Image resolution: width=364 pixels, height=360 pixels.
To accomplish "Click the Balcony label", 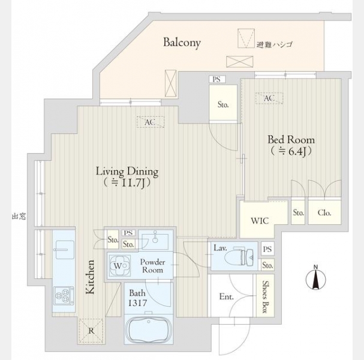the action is tap(182, 43).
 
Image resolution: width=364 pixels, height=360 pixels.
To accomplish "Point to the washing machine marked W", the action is tap(119, 266).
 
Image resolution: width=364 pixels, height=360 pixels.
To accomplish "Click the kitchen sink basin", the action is tap(65, 250).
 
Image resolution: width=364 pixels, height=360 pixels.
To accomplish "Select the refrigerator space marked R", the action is tap(91, 331).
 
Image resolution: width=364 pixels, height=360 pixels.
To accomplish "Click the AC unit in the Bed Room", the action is tap(269, 98).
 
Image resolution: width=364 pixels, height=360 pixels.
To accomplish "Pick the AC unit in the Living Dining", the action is tap(150, 122).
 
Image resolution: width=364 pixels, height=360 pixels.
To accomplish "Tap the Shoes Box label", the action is tap(265, 296).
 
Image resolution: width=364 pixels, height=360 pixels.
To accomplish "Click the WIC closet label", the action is tap(260, 221).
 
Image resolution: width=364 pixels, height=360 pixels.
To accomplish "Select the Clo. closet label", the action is tap(324, 212).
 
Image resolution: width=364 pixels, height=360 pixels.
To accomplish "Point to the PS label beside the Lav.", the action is tap(267, 249).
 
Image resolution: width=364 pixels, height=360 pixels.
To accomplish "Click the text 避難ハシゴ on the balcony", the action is tap(274, 44).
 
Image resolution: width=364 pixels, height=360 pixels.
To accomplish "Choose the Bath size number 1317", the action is tap(138, 303).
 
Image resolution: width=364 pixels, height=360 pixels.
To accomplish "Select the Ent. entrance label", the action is tap(226, 296).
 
